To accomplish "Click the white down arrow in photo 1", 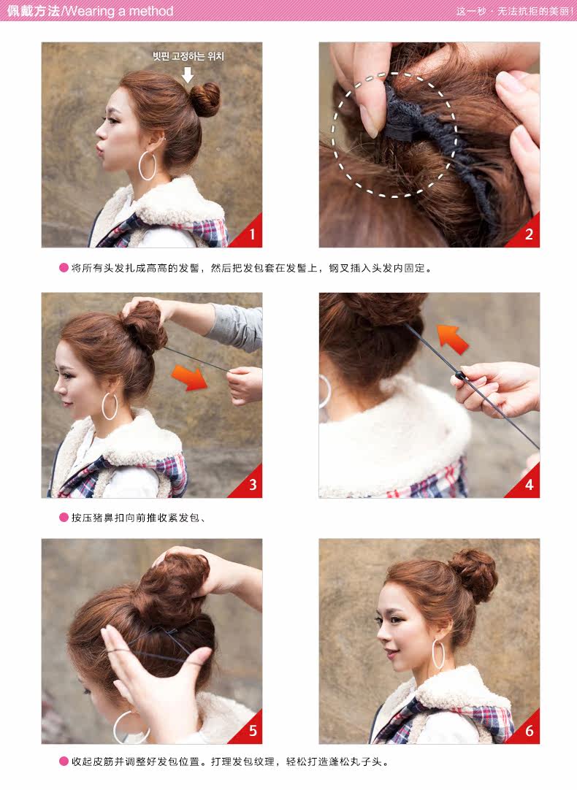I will click(188, 74).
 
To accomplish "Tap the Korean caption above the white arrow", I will click(188, 56).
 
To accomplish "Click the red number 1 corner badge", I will click(249, 234).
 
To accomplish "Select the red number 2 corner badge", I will click(527, 234).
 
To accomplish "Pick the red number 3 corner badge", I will click(249, 485).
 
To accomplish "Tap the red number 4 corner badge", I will click(527, 485).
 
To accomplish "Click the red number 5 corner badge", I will click(249, 731).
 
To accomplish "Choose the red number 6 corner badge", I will click(527, 731).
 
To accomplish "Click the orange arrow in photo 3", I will click(189, 377).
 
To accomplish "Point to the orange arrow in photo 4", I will click(452, 339).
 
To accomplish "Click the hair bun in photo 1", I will click(205, 99).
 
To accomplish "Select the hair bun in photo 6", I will click(473, 575).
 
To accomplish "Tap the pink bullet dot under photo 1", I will click(64, 268).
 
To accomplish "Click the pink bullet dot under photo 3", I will click(64, 518).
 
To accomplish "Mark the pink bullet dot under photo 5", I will click(64, 762).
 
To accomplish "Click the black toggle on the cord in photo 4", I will click(459, 376).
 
